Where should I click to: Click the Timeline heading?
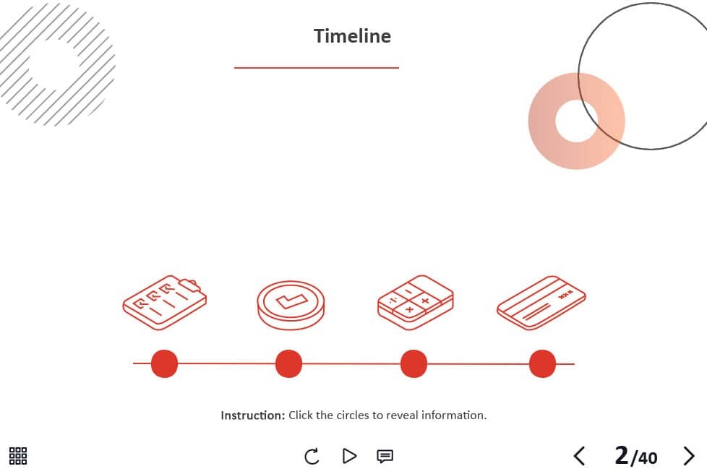[352, 36]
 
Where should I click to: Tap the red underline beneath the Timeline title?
[317, 68]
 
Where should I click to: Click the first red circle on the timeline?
[165, 363]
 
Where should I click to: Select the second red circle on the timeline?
[288, 363]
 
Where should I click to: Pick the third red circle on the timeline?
[414, 363]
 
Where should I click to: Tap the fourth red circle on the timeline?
[542, 363]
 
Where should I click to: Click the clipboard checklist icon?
[165, 302]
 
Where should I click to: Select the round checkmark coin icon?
[291, 305]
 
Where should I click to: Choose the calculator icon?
[416, 302]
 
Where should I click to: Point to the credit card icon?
[541, 303]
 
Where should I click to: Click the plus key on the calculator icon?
[425, 301]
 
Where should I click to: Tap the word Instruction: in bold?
[252, 415]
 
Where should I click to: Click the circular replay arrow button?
[312, 456]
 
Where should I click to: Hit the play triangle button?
[349, 456]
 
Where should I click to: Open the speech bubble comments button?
[385, 457]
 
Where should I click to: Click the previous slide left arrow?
[579, 456]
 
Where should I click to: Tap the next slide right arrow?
[689, 456]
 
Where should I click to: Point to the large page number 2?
[621, 455]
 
